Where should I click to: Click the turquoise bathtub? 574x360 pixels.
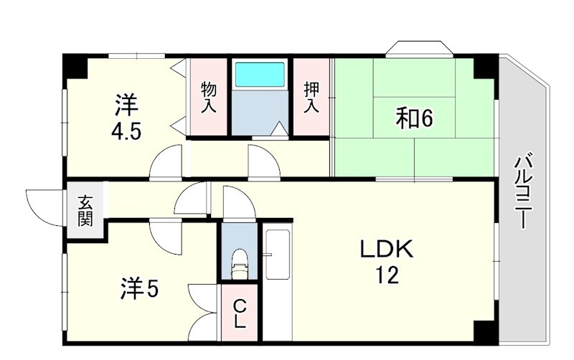point(260,75)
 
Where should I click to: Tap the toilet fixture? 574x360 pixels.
point(240,264)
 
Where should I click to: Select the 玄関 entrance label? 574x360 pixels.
point(85,212)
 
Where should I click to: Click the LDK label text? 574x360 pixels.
point(387,250)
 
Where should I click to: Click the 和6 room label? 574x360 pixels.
point(415,118)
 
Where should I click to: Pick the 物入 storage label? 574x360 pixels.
point(209,98)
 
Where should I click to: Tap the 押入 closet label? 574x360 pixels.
point(311,98)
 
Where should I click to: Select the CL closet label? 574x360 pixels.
point(240,313)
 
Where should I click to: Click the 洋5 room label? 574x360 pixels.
point(139,289)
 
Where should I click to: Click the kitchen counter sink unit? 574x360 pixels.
point(278,259)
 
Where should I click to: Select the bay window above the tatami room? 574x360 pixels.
point(420,49)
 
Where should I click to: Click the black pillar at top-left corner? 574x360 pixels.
point(75,66)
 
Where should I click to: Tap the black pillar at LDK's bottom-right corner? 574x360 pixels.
point(486,332)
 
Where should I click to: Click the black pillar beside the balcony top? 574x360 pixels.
point(486,66)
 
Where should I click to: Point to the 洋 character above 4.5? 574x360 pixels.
point(126,105)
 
